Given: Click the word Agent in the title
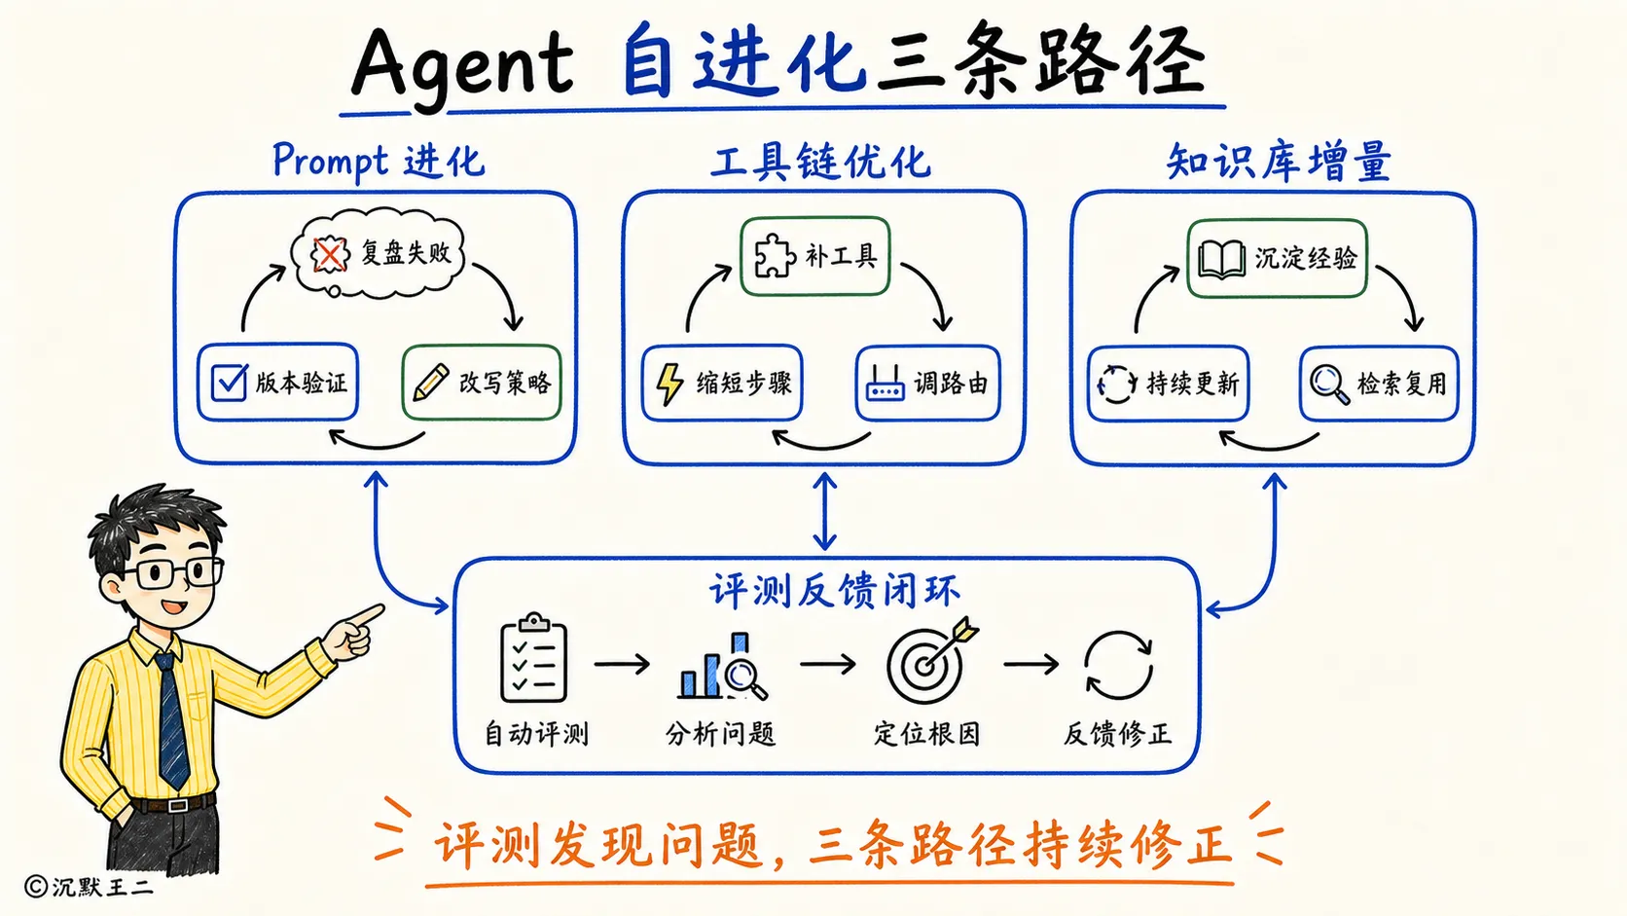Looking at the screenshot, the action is (462, 67).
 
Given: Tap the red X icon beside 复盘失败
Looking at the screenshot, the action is (329, 254).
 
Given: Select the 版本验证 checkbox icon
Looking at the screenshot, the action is (229, 383).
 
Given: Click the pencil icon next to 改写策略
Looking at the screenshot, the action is (431, 383).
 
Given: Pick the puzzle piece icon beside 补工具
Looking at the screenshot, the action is (775, 256).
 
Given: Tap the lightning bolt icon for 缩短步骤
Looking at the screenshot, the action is (669, 383).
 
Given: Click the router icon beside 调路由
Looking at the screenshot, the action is (885, 384).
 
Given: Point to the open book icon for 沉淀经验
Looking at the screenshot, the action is (1221, 259).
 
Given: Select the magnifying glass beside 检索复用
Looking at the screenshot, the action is (1329, 385).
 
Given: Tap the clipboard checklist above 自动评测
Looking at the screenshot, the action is (534, 657).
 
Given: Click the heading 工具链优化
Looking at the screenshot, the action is (820, 162).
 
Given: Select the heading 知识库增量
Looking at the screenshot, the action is (1279, 162).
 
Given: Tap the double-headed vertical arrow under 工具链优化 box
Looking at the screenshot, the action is (824, 511).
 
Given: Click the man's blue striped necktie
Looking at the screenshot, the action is (172, 719).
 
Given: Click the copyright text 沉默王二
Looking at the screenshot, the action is (102, 887).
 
